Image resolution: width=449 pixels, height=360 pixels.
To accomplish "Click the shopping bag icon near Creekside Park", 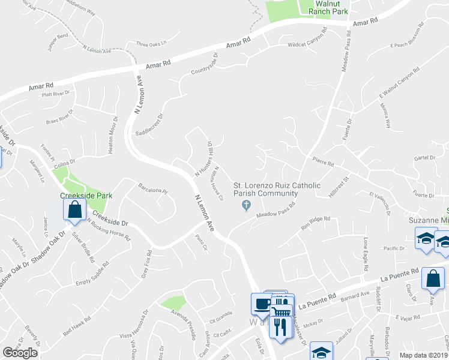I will (x=75, y=211).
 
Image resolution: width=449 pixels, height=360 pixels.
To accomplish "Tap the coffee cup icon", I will (x=262, y=304).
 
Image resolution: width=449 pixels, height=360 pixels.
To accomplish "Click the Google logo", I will (x=20, y=353).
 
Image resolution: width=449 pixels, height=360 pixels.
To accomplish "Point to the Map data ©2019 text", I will (x=424, y=355).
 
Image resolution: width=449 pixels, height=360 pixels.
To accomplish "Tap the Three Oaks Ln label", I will (x=151, y=44).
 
